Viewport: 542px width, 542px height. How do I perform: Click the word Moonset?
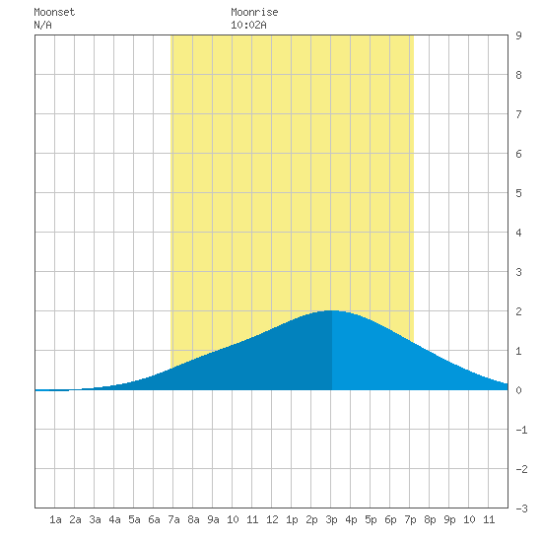click(54, 12)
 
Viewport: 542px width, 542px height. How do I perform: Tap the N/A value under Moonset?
click(42, 25)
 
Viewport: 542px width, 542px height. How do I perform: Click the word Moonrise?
click(254, 12)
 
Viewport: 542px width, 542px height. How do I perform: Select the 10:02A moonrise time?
click(248, 25)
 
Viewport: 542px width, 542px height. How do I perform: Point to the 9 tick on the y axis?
click(518, 35)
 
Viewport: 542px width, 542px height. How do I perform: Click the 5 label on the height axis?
click(518, 193)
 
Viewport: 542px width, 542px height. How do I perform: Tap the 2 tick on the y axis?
click(518, 311)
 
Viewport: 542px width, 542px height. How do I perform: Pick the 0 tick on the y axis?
click(518, 390)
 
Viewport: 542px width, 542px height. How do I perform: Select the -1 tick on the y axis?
click(521, 430)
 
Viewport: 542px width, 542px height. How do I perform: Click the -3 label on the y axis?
click(521, 508)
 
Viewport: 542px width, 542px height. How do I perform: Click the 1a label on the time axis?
click(55, 519)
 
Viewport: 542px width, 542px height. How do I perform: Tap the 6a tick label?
click(154, 519)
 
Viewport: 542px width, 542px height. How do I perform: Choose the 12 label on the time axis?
click(272, 519)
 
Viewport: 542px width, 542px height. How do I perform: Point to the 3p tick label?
click(331, 519)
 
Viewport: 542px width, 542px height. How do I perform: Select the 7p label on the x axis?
click(410, 519)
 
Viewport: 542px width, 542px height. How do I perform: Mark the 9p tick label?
click(449, 519)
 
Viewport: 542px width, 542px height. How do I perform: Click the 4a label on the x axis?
click(114, 519)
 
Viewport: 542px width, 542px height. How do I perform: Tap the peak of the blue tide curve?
click(331, 310)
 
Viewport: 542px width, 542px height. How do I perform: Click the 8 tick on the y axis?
click(518, 75)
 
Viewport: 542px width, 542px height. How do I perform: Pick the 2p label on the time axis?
click(311, 519)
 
